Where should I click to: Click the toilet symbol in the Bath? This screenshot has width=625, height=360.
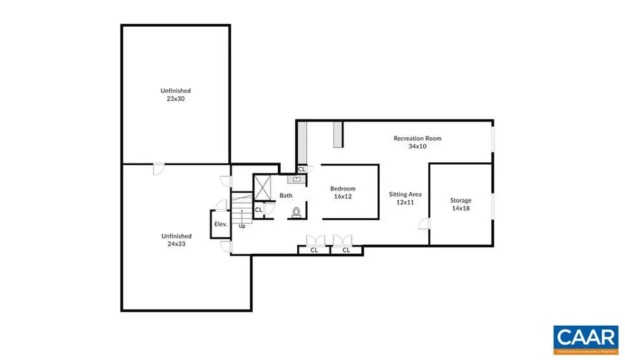click(297, 212)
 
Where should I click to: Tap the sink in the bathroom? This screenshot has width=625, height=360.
click(297, 179)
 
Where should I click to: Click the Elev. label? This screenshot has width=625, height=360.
click(220, 224)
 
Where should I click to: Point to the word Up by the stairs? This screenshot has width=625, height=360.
click(242, 226)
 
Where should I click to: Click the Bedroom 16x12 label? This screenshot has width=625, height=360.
click(342, 193)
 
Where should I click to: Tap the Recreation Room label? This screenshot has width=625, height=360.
click(417, 139)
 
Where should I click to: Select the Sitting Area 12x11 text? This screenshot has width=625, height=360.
click(405, 198)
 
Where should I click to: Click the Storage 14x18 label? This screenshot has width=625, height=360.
click(461, 204)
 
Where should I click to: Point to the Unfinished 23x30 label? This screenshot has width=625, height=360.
click(176, 95)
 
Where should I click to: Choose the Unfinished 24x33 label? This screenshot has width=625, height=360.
click(176, 240)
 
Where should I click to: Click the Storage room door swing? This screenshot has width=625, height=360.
click(423, 223)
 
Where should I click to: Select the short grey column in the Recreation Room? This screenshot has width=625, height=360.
click(338, 134)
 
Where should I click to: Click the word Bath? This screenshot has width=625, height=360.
click(286, 196)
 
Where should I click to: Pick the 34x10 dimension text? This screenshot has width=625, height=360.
click(417, 146)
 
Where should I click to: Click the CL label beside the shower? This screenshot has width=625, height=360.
click(258, 210)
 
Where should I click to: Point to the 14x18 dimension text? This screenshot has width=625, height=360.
click(461, 208)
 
